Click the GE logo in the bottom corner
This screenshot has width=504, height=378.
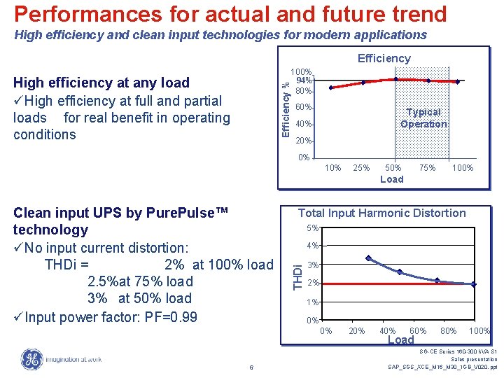(31, 359)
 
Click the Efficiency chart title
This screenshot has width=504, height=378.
(384, 59)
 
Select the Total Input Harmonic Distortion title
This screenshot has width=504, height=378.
(381, 213)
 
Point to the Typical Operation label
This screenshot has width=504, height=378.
(423, 118)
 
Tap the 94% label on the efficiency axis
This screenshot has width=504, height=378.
(304, 80)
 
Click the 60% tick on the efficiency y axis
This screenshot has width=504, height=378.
(303, 108)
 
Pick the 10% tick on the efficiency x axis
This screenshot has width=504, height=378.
(333, 168)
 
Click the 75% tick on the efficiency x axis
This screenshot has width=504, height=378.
(427, 168)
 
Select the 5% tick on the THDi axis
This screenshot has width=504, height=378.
(312, 228)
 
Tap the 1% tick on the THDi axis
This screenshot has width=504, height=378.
(312, 302)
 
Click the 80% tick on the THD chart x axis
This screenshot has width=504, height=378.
(448, 331)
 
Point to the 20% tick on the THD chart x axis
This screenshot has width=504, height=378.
(356, 331)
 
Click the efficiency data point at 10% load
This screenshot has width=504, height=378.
(332, 87)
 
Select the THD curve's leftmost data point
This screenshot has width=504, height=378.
(369, 258)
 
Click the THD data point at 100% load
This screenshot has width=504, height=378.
(474, 284)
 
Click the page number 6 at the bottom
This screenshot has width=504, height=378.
(251, 367)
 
